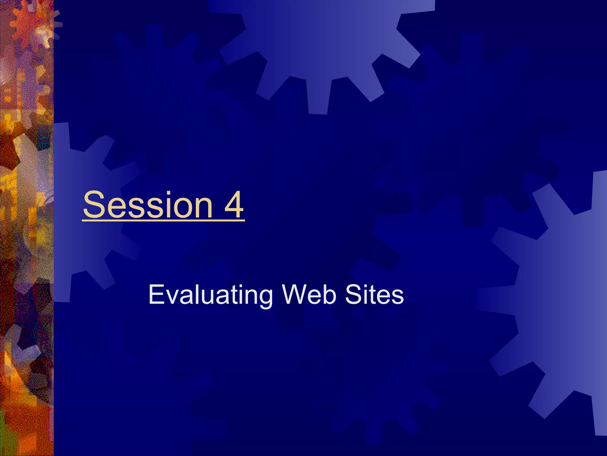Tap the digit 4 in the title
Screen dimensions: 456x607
pos(234,205)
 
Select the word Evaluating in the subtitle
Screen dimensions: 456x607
pos(210,294)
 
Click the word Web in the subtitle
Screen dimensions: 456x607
pos(309,294)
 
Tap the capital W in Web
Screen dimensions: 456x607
pos(295,294)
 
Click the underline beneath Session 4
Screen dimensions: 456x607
pos(163,220)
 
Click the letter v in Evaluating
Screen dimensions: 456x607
pos(170,297)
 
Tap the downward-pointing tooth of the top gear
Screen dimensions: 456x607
pos(318,98)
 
